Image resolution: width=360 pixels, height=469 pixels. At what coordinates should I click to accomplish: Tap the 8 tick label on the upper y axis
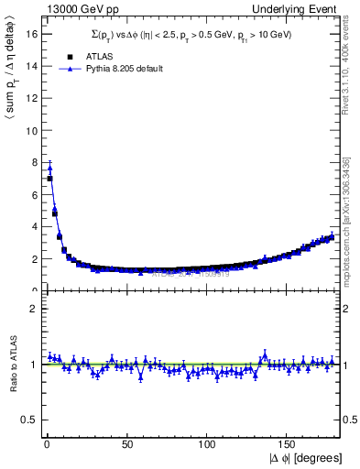(x=33, y=162)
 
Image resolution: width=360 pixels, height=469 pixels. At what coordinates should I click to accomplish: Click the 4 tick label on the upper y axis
(x=33, y=226)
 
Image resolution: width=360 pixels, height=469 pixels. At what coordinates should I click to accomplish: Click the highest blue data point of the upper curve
(x=49, y=168)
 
